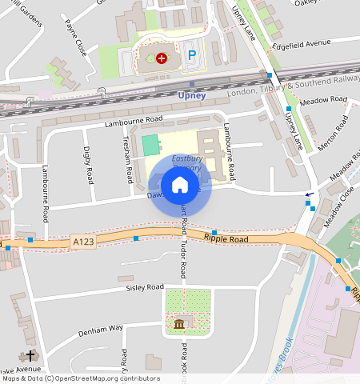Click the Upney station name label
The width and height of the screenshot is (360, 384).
point(191,96)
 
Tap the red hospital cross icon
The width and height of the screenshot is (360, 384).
point(161,58)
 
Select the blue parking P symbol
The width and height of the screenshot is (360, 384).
point(190,56)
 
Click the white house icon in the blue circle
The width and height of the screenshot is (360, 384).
point(180,186)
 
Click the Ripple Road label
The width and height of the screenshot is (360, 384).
point(226,238)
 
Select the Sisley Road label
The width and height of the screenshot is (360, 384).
point(145,286)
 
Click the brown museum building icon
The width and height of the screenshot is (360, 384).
point(178,324)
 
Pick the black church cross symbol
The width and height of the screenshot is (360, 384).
point(31,355)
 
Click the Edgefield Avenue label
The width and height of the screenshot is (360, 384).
point(302,43)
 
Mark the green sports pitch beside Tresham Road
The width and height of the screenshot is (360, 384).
point(150,146)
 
